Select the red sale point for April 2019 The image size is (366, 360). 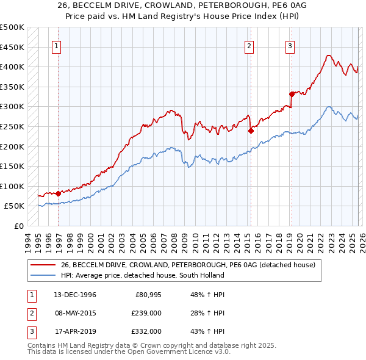292,94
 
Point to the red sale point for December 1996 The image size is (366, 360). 58,193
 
